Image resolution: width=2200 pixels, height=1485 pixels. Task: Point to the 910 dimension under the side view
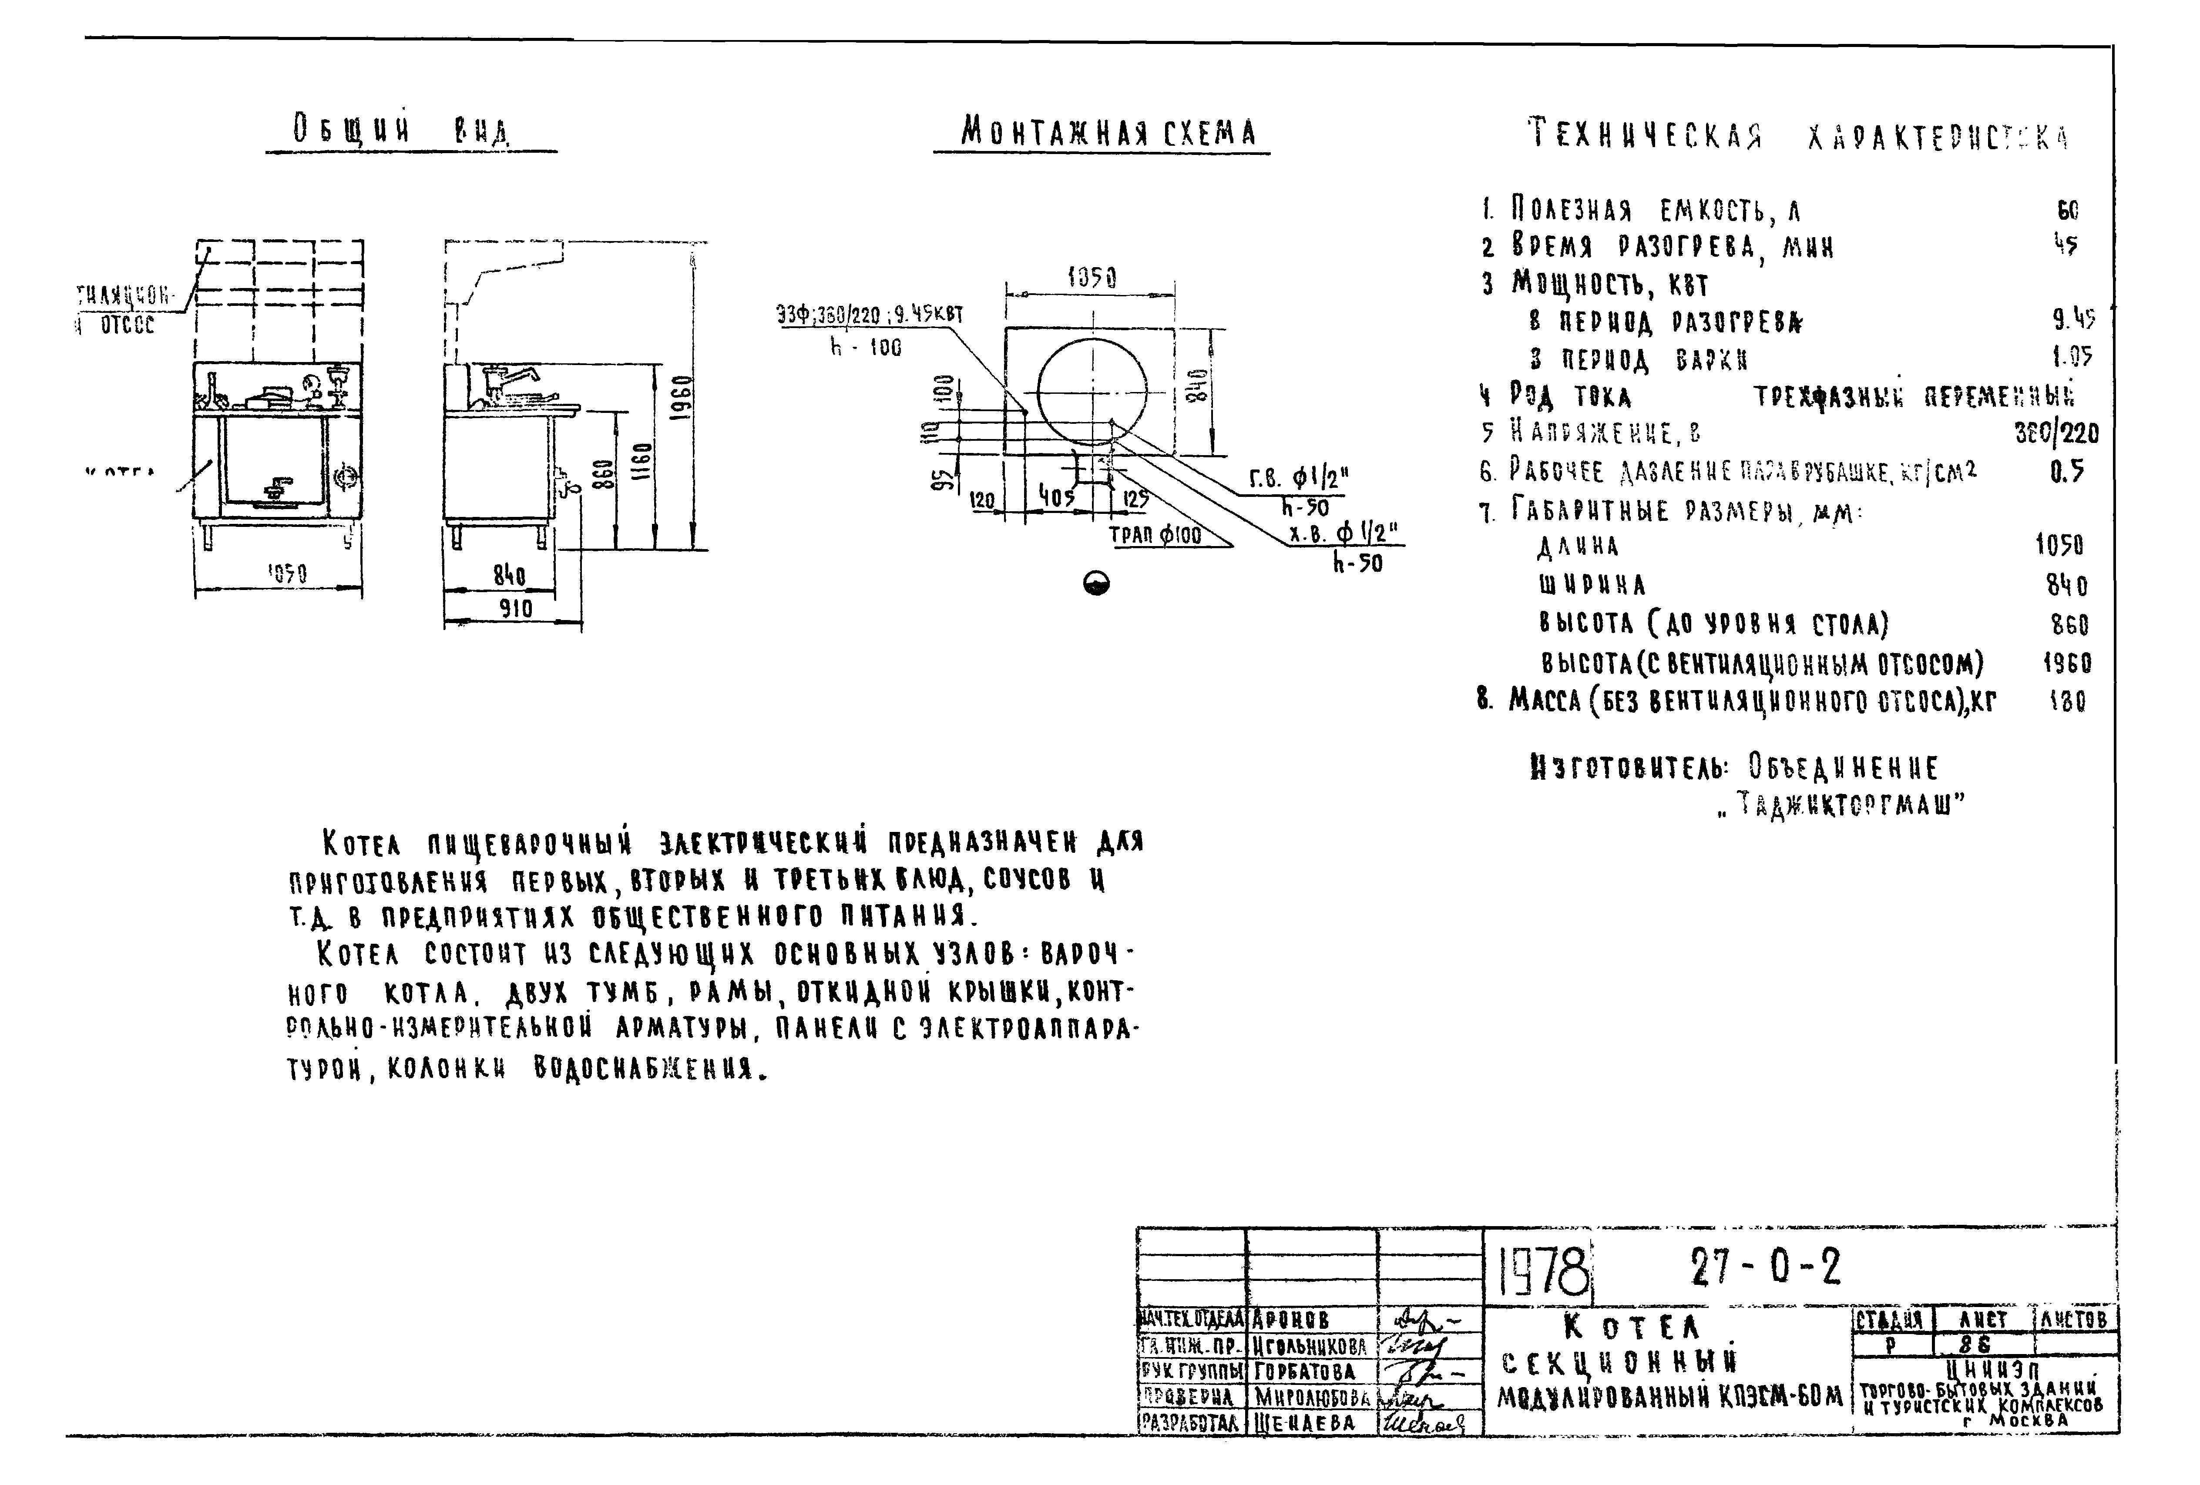coord(516,609)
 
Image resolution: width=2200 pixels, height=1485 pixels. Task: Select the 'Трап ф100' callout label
coord(1155,536)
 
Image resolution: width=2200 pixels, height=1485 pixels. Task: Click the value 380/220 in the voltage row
coord(2056,433)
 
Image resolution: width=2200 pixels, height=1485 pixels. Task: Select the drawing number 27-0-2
coord(1766,1268)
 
